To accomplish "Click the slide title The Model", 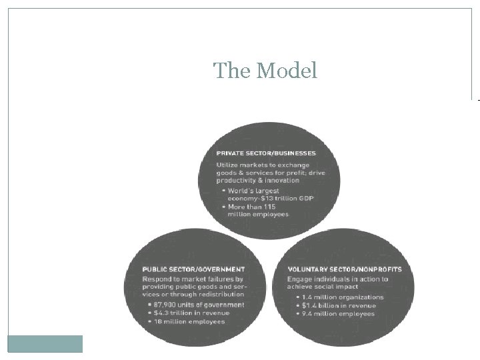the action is point(265,70).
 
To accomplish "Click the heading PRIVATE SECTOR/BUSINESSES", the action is point(266,153).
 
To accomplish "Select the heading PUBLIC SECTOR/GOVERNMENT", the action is point(193,269).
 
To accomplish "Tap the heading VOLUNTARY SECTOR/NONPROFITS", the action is point(345,269).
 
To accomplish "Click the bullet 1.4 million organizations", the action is point(343,297).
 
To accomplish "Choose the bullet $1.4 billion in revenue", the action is point(339,305).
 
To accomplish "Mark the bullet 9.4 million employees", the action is point(338,313).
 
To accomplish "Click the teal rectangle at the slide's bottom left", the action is point(45,343).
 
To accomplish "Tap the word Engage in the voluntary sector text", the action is point(299,278).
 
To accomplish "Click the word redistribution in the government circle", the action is point(220,294).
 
